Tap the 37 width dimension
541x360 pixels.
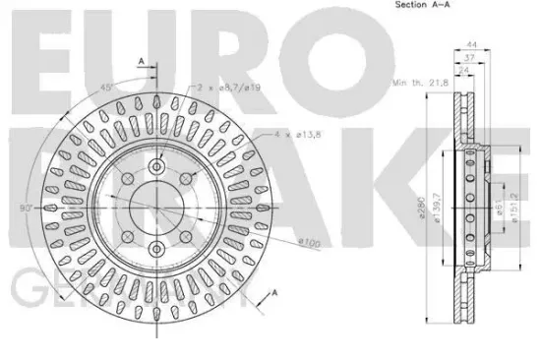pos(471,59)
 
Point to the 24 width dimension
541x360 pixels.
pos(463,71)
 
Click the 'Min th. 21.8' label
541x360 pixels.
pos(417,86)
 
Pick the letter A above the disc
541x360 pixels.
pos(141,63)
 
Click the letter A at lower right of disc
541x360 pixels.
pos(274,292)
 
